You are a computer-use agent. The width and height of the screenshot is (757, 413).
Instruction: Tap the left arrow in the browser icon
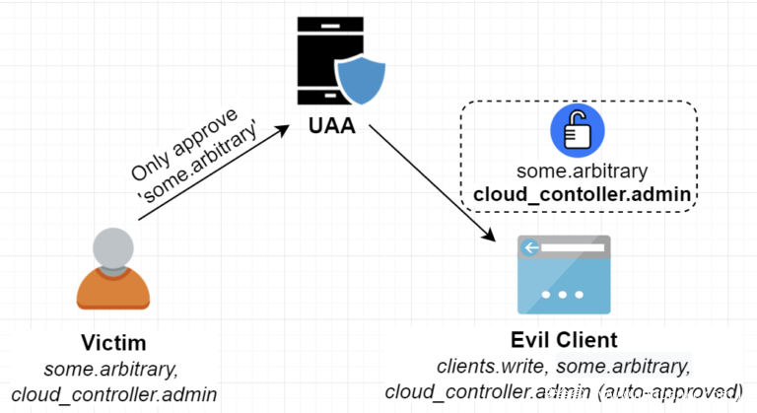pos(533,247)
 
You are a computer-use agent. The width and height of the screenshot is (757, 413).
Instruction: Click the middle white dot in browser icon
pos(564,295)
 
